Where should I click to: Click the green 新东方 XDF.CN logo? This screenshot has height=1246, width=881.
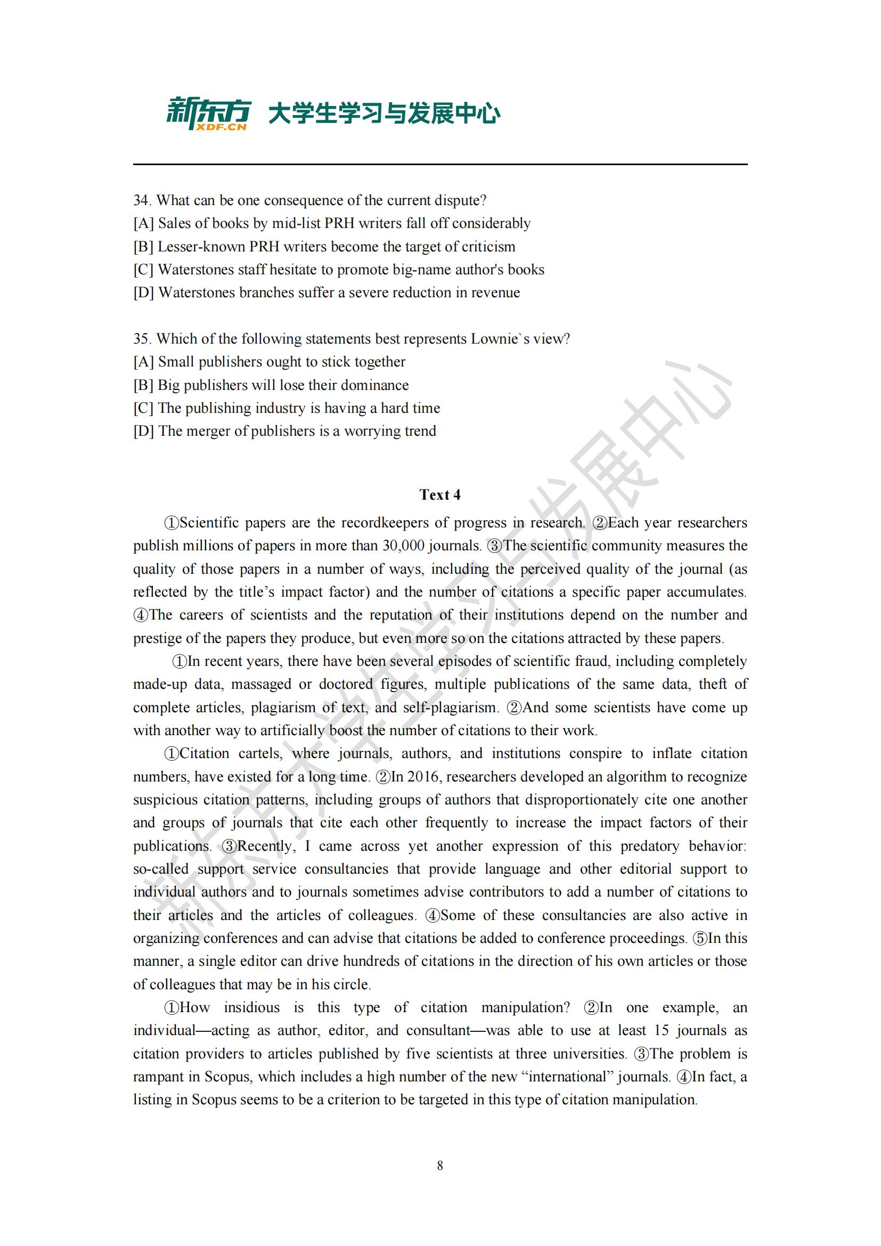(208, 113)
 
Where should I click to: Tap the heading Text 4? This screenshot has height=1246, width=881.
(439, 494)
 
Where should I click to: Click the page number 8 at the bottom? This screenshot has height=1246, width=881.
(440, 1165)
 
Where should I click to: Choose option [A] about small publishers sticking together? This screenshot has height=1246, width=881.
(270, 361)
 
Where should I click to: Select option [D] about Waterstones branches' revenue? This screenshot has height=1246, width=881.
(327, 292)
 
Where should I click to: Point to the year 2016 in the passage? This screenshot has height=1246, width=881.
(423, 777)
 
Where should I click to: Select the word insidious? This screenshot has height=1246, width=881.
(252, 1007)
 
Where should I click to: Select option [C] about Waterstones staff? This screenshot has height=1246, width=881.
(339, 269)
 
